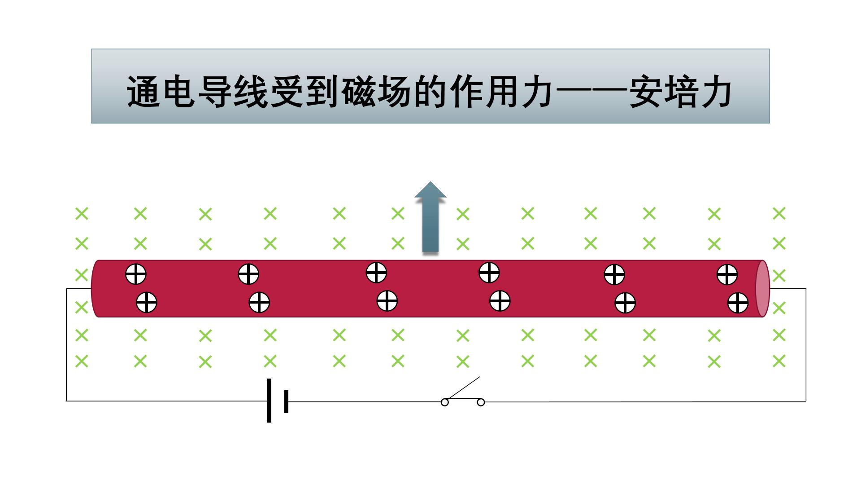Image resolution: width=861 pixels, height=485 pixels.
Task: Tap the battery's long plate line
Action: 269,401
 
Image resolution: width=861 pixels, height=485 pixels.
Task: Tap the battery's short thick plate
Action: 286,401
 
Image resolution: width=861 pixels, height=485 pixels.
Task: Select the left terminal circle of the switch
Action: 445,402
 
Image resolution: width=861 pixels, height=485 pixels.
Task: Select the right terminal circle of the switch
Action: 481,402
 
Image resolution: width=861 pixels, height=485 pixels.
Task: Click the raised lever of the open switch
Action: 464,388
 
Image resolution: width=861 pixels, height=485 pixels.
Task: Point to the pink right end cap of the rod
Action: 762,288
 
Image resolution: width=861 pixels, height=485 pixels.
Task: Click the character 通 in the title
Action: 143,92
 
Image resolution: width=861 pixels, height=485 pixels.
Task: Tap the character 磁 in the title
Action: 358,92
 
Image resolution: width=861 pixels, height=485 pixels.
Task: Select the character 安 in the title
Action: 646,92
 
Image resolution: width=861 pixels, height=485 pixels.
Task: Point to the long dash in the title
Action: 591,92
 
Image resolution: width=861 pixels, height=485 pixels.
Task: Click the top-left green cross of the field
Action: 82,213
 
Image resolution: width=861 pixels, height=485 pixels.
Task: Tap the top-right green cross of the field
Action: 779,213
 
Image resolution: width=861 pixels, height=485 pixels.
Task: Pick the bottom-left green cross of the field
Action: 82,361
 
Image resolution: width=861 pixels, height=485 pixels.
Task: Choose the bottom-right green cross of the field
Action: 779,361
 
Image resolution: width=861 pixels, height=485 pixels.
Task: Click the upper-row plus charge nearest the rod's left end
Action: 135,274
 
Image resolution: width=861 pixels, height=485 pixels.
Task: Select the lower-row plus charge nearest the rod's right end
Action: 738,303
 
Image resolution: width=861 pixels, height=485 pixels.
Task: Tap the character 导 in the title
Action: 214,92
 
